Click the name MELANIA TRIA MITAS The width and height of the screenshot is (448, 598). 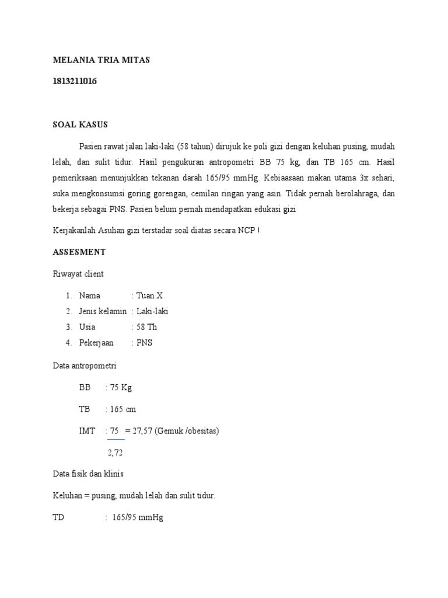(101, 61)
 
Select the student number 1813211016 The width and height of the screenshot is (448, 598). (75, 82)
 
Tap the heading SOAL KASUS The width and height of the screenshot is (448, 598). (80, 125)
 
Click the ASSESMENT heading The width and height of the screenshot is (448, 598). (79, 252)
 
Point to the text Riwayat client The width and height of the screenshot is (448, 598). (78, 273)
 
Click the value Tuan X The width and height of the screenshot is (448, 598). (150, 295)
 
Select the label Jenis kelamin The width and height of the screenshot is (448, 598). (103, 311)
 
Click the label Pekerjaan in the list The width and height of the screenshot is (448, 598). (96, 343)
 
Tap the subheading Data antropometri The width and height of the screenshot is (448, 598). (85, 366)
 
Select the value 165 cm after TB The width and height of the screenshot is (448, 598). (123, 409)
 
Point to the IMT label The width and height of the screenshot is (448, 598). (87, 431)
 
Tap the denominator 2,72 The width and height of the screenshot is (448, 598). (115, 453)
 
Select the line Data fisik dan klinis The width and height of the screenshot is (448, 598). (87, 474)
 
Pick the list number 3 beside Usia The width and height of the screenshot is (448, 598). (68, 327)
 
